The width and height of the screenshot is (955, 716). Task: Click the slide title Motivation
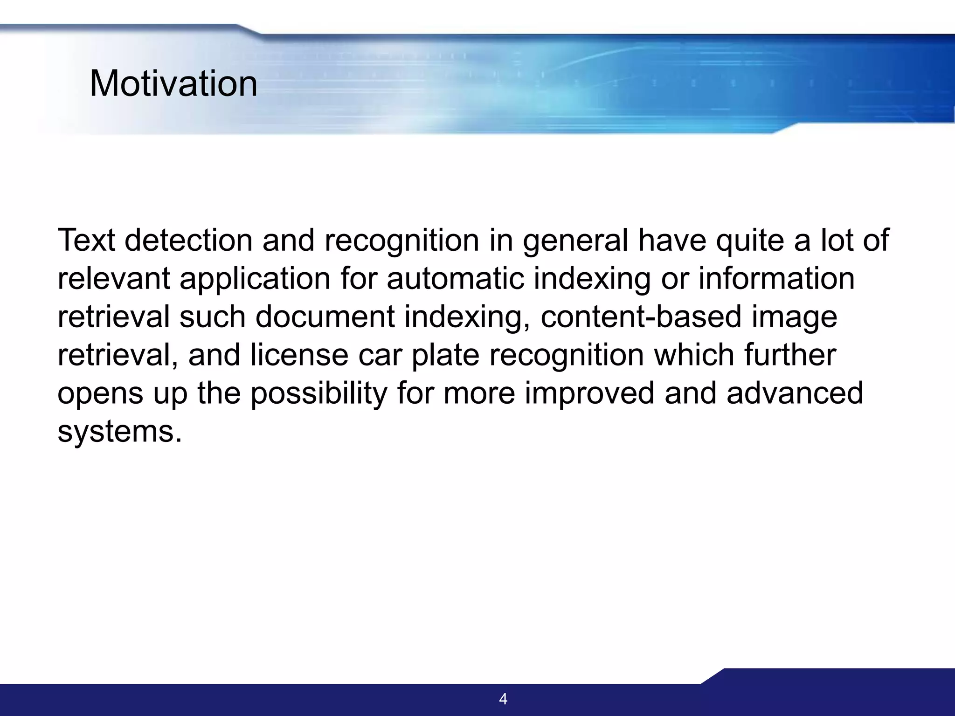(173, 84)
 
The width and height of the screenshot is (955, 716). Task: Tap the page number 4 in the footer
(503, 699)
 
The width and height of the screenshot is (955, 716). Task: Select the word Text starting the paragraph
(86, 241)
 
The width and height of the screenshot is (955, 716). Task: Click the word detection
(189, 241)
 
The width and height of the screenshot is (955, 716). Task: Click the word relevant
(114, 279)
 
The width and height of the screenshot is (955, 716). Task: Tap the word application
(255, 280)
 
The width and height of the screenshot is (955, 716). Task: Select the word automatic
(455, 279)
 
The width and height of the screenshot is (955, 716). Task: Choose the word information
(776, 279)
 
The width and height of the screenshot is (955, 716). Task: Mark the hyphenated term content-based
(641, 317)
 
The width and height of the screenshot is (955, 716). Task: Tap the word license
(299, 355)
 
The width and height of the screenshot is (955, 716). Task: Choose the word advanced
(795, 393)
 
